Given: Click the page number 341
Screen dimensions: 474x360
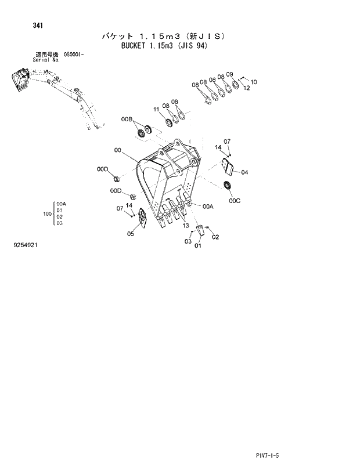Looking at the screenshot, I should (21, 26).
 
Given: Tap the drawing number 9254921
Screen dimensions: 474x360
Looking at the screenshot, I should (26, 245).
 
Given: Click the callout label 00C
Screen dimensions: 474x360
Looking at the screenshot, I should (233, 201).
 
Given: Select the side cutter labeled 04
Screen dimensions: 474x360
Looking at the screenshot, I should (228, 169).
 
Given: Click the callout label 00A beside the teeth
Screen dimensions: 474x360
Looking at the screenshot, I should (208, 206).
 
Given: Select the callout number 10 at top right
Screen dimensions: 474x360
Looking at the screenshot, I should (253, 82).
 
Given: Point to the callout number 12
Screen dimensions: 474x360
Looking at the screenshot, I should (246, 88).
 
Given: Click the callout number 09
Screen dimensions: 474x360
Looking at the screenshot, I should (229, 74).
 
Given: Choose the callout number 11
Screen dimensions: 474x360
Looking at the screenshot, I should (157, 109).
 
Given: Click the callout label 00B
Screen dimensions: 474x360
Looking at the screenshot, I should (127, 119).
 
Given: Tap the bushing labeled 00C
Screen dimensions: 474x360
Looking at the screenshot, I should (228, 185).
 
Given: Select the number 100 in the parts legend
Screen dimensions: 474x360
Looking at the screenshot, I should (47, 214).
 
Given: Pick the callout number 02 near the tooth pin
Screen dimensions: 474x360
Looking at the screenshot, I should (215, 237).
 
